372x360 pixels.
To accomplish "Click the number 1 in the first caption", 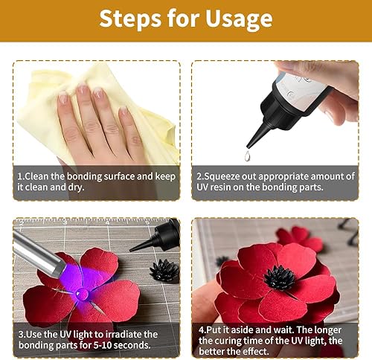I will click(20, 176).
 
